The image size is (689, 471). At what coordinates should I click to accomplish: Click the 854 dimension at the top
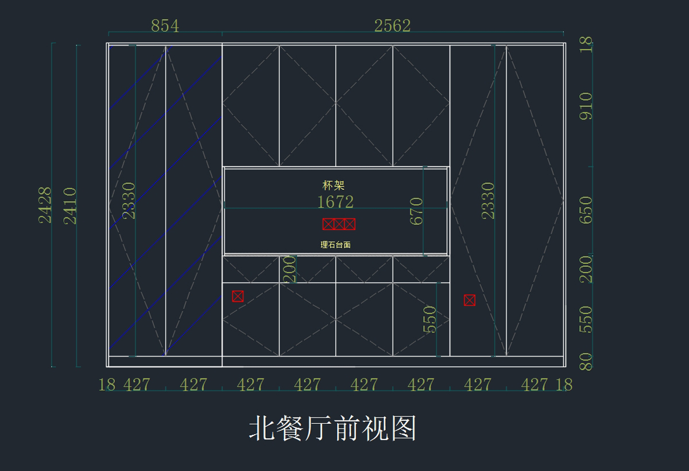(x=165, y=26)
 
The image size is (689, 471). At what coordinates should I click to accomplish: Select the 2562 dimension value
(x=392, y=26)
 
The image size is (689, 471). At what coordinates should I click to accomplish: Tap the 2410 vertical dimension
(x=70, y=205)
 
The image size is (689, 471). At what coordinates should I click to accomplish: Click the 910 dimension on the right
(x=585, y=106)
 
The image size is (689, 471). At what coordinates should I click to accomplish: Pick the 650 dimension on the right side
(x=585, y=210)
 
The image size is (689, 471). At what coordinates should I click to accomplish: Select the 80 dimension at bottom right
(x=585, y=362)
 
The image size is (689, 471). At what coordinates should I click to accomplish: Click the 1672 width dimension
(x=335, y=202)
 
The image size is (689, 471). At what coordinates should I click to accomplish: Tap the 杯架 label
(x=334, y=185)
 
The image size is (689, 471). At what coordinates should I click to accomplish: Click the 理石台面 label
(x=335, y=244)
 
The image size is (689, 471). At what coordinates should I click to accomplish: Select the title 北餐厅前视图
(x=332, y=428)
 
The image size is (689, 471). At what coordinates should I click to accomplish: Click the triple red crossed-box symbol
(x=339, y=224)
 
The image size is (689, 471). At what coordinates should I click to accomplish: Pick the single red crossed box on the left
(x=238, y=296)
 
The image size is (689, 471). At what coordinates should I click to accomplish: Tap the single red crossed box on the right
(x=470, y=300)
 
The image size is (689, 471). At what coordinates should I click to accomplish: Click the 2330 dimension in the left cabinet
(x=129, y=200)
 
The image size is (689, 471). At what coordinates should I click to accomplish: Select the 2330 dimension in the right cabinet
(x=487, y=200)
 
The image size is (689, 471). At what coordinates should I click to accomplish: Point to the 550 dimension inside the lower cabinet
(x=429, y=319)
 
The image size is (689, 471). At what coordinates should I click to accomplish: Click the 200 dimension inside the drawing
(x=290, y=269)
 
